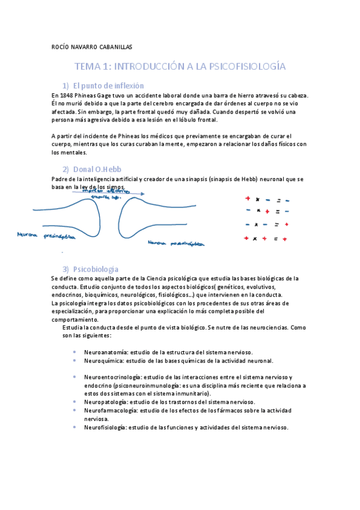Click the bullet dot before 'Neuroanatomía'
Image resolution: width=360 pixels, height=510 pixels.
coord(73,352)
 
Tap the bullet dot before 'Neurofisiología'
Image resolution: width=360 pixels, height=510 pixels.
coord(73,427)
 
